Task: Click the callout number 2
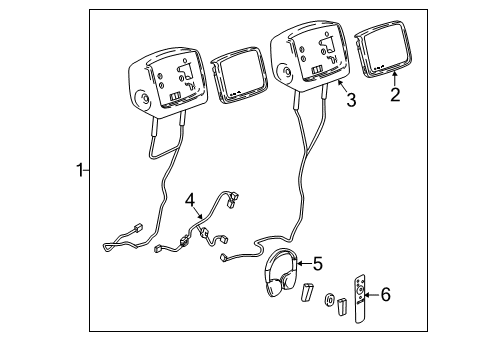tap(395, 95)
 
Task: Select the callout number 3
tap(350, 100)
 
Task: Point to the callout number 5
tap(317, 264)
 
